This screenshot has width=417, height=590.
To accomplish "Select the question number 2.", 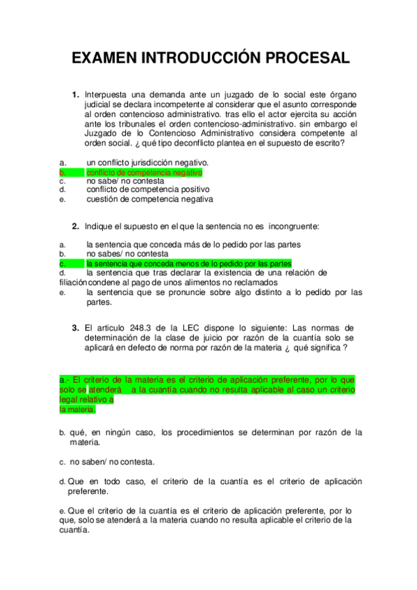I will pyautogui.click(x=75, y=226).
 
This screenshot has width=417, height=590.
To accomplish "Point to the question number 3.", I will pyautogui.click(x=75, y=328).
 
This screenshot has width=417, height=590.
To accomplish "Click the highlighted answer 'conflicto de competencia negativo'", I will pyautogui.click(x=144, y=172).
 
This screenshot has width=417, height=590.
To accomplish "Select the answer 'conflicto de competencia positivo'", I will pyautogui.click(x=148, y=189).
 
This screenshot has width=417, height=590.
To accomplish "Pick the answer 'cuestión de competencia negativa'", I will pyautogui.click(x=149, y=199).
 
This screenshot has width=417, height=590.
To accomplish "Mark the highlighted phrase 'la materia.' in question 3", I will pyautogui.click(x=77, y=410).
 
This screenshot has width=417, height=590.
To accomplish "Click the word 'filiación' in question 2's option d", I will pyautogui.click(x=74, y=282).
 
